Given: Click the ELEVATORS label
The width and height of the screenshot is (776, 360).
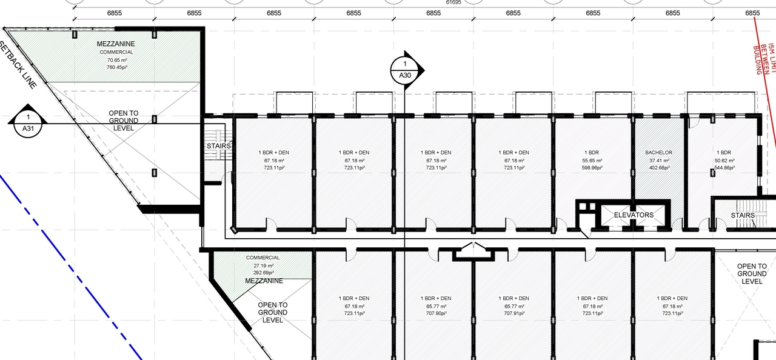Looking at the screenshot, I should tap(634, 215).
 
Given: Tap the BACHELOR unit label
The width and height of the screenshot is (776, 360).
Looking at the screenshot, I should tap(659, 152).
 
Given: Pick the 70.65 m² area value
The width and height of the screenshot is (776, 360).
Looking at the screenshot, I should tap(116, 60).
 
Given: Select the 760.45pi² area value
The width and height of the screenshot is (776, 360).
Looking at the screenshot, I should tap(116, 67).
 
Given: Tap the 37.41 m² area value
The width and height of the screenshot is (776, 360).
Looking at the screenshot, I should tap(659, 160).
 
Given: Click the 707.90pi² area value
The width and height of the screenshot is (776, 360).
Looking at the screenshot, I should tap(435, 313).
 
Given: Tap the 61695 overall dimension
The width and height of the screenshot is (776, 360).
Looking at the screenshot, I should tap(453, 2).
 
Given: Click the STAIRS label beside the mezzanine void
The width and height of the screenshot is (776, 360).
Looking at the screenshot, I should tap(217, 146).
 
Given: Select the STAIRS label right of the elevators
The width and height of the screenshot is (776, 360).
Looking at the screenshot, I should tap(743, 216).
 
